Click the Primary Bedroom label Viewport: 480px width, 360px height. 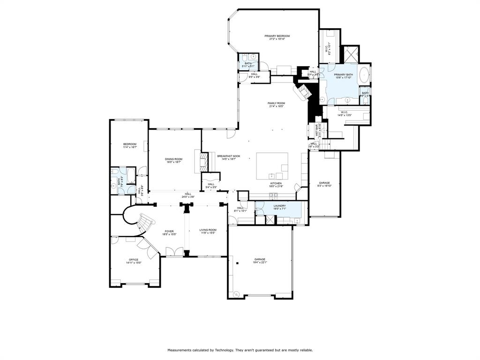click(277, 36)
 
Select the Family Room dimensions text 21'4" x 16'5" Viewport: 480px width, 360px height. click(277, 106)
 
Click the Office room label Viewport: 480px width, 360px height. click(134, 260)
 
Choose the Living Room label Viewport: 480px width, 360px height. click(208, 230)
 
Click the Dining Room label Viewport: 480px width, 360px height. click(173, 159)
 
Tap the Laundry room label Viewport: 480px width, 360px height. click(272, 205)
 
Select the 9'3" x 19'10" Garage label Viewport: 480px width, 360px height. click(324, 183)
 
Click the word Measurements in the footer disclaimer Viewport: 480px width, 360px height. click(180, 350)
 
